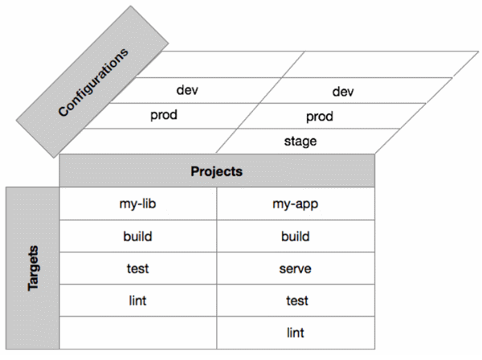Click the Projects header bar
217,171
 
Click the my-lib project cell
137,204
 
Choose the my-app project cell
296,204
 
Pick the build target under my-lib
137,236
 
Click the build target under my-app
296,236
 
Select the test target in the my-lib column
137,268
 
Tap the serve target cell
296,268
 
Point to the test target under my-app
296,300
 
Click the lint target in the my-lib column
137,300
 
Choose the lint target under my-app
296,331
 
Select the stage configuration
300,141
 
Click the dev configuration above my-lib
187,90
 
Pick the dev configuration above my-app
343,92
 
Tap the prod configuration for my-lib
163,115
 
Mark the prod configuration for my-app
320,117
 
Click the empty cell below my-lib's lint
137,331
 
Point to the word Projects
217,171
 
